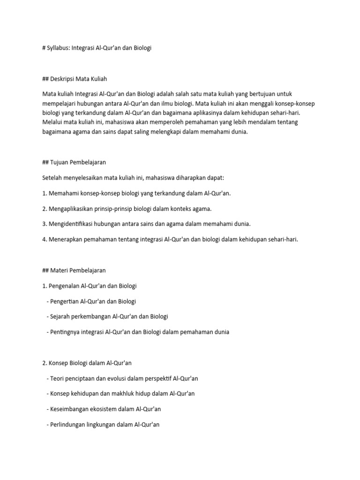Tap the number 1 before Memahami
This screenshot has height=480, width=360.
[44, 193]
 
